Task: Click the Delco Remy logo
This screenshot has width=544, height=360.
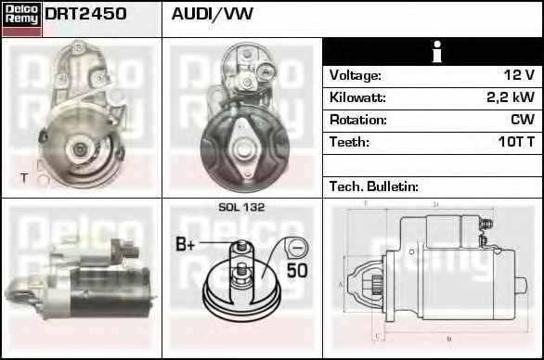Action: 21,19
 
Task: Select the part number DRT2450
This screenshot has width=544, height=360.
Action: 85,15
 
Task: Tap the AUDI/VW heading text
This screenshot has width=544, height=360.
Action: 213,15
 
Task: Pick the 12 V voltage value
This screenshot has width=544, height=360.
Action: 517,75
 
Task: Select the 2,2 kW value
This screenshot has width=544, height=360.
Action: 510,97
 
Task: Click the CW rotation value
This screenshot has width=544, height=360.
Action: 522,120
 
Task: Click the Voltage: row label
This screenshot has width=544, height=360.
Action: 356,75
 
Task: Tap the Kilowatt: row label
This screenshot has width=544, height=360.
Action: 357,97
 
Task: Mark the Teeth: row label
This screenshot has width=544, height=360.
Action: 349,143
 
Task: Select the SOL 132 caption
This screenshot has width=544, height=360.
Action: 241,208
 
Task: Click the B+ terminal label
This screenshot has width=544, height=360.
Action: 186,245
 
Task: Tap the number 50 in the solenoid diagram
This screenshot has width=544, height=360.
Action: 296,272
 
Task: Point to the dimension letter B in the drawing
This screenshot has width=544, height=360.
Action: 448,339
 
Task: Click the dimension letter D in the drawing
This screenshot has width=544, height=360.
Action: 434,205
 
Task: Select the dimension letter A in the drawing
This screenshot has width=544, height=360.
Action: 341,285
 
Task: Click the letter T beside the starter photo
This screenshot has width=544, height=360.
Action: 23,176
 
